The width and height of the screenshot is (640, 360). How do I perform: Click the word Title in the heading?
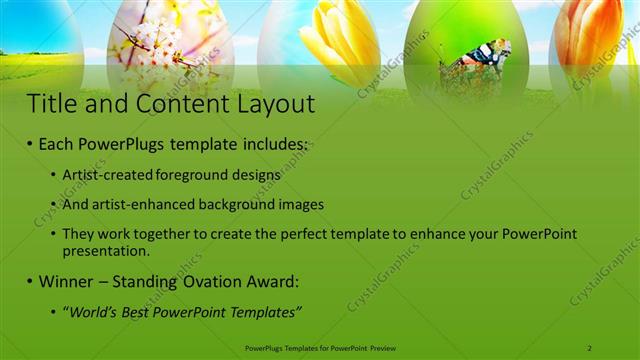point(53,104)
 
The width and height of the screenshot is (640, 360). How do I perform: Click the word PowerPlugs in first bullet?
point(123,145)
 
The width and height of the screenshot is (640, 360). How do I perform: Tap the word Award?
point(281,282)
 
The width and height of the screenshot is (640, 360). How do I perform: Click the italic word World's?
point(94,312)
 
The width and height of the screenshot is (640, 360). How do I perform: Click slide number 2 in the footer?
point(590,347)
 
